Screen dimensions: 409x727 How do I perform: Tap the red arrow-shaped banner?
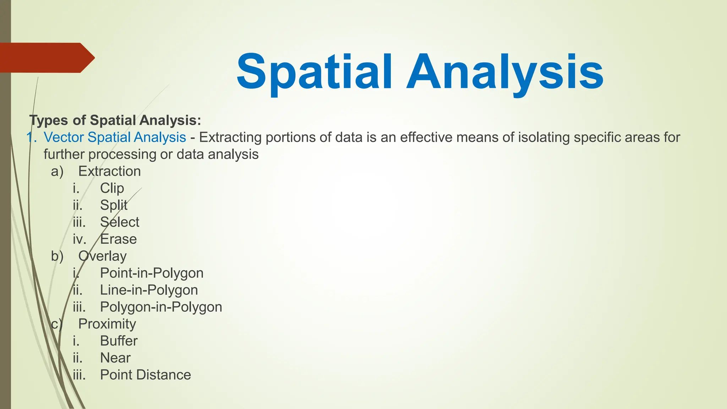[x=46, y=58]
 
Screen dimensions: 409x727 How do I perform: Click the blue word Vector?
[x=64, y=137]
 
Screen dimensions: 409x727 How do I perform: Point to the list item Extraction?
[x=109, y=171]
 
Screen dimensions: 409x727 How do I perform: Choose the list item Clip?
[x=112, y=189]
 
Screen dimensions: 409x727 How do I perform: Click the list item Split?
[x=113, y=205]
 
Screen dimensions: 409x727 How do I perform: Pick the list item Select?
[x=119, y=222]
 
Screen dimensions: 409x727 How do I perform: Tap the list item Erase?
[x=118, y=239]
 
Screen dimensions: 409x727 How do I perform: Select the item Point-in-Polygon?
[x=152, y=273]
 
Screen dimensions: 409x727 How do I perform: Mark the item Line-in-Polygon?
[x=149, y=290]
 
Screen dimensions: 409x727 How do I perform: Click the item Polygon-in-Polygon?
[x=161, y=307]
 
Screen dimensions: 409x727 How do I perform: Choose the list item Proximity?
[x=107, y=324]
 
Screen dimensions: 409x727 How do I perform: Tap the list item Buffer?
[x=119, y=341]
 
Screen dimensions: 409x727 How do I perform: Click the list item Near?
[x=115, y=358]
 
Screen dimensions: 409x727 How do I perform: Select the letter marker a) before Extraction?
[x=57, y=171]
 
